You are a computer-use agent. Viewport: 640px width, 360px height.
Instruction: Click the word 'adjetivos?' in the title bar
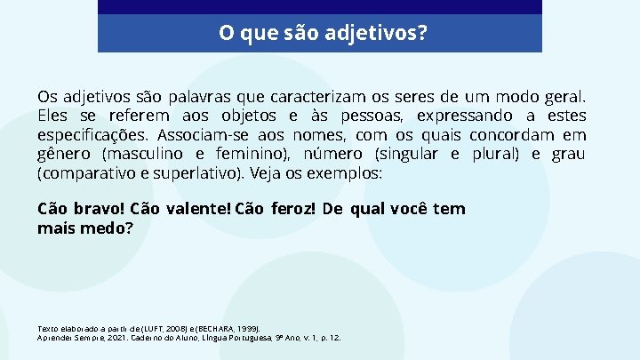(381, 34)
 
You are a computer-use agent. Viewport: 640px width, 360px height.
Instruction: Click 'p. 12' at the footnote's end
(330, 338)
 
